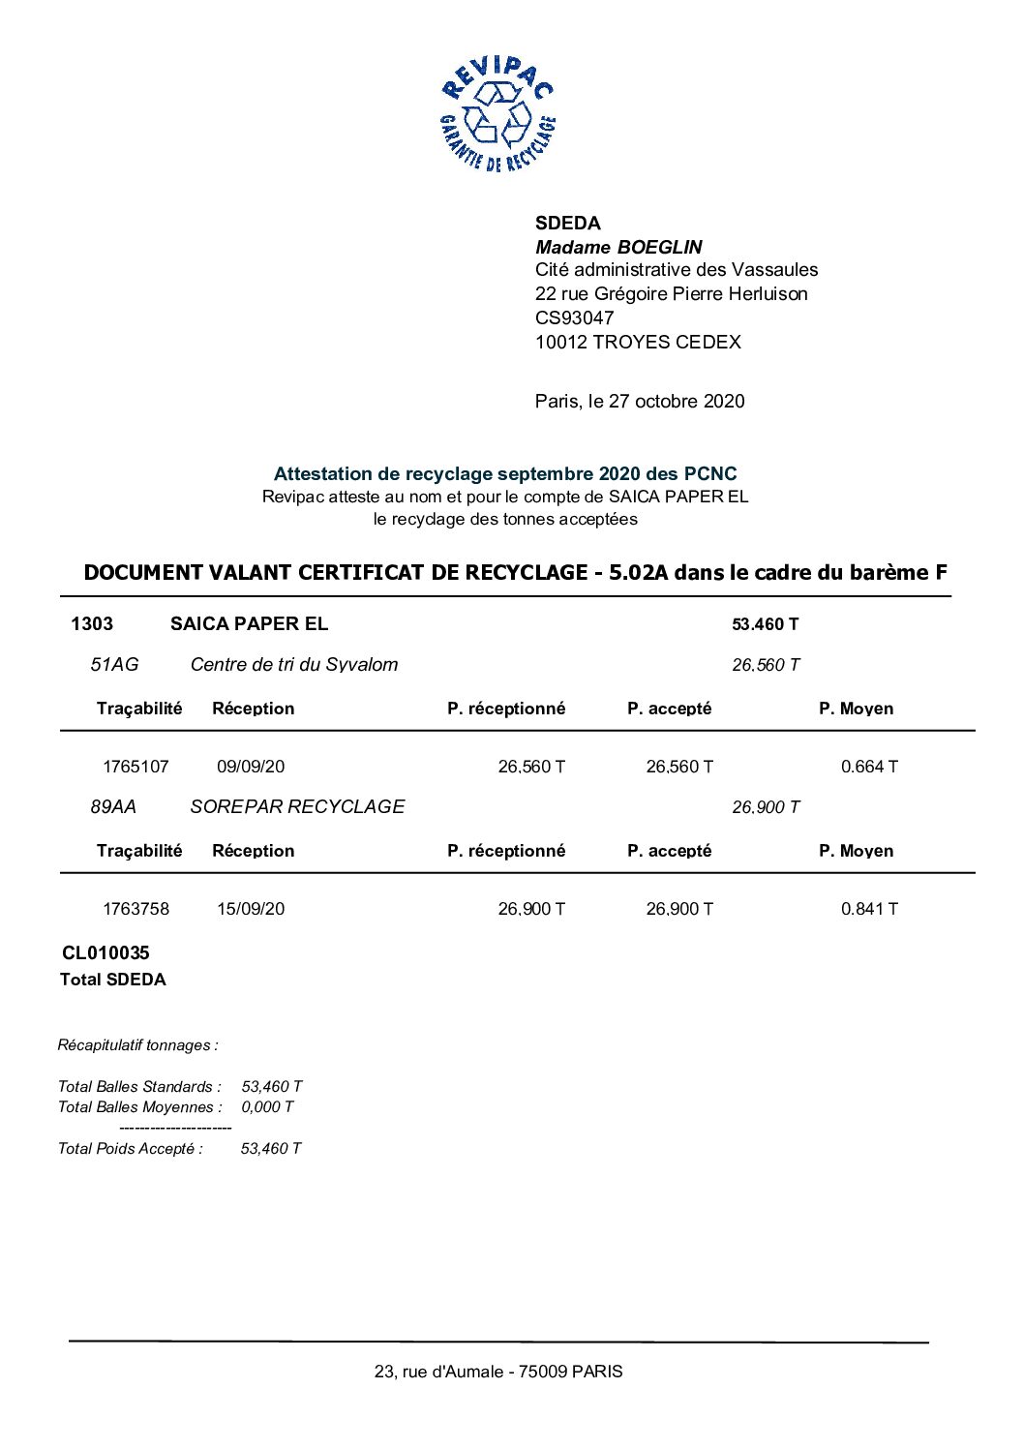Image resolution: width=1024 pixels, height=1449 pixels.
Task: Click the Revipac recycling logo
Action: pos(497,114)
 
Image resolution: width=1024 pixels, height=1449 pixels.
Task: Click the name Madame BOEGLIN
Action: pos(618,247)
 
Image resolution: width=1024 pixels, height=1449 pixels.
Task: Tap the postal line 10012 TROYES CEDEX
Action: pos(638,342)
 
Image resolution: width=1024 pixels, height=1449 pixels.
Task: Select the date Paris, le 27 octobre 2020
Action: pos(640,401)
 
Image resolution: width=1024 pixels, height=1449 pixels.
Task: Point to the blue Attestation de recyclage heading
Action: pos(505,473)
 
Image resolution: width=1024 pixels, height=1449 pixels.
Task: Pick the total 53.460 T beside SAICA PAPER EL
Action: pos(765,624)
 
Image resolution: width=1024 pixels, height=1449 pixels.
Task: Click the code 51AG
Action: pos(114,664)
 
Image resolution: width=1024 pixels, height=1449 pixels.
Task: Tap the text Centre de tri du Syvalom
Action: pos(294,664)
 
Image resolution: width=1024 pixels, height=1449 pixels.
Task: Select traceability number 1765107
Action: pos(136,767)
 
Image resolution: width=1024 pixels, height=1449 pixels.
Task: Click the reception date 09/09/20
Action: pos(251,767)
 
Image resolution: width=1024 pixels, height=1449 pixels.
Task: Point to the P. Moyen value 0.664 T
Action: pos(869,767)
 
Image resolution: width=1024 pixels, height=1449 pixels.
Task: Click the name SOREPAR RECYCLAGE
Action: pos(297,806)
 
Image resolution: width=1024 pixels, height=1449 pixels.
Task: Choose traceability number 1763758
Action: pos(136,909)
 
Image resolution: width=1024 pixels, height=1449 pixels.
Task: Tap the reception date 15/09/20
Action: pos(251,909)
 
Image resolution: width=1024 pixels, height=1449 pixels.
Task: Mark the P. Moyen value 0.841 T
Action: pos(869,909)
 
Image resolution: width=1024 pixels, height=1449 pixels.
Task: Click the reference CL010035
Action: pos(105,952)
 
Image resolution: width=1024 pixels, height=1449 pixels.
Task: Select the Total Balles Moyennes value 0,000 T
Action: pos(267,1106)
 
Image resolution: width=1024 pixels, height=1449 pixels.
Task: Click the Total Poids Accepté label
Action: pos(131,1148)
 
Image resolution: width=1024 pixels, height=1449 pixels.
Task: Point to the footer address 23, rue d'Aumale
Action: pos(498,1371)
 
